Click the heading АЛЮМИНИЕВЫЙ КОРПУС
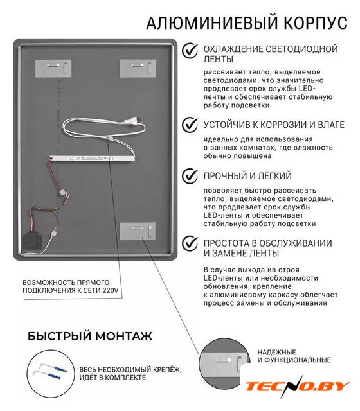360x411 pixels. pos(247,23)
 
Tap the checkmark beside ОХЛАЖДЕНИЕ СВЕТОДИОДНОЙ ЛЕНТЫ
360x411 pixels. pos(190,51)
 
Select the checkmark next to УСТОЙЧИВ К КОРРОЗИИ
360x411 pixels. pos(190,125)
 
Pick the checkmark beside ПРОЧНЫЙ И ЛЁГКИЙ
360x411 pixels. pos(190,175)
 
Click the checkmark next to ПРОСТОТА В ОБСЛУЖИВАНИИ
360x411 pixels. pos(190,243)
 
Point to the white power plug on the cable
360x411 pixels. pos(133,121)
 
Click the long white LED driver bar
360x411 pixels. pos(93,158)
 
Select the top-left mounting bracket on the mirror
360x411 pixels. pos(53,69)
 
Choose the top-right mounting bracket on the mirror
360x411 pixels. pos(138,69)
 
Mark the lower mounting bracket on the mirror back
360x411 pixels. pos(138,231)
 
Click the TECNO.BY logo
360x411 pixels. pos(297,386)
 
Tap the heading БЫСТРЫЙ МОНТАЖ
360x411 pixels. pos(90,336)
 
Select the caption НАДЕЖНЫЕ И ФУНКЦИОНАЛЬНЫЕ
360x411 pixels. pos(294,356)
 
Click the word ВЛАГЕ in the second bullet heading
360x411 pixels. pos(331,125)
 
